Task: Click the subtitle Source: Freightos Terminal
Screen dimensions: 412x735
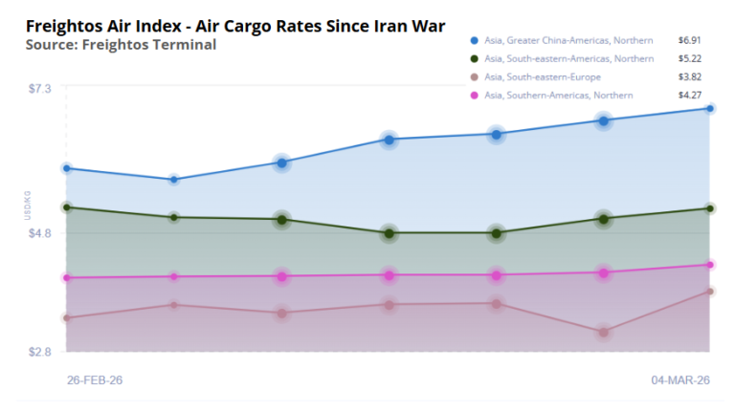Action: tap(121, 44)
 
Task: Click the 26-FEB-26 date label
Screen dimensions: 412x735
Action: tap(94, 380)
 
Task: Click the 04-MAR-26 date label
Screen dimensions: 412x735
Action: tap(680, 380)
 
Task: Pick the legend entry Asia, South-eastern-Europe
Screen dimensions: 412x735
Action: tap(543, 76)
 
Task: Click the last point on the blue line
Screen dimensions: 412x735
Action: tap(709, 108)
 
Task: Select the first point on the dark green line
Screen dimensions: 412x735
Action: tap(66, 207)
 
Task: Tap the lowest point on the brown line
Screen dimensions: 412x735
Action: tap(603, 333)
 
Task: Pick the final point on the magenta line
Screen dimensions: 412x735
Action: tap(709, 265)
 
